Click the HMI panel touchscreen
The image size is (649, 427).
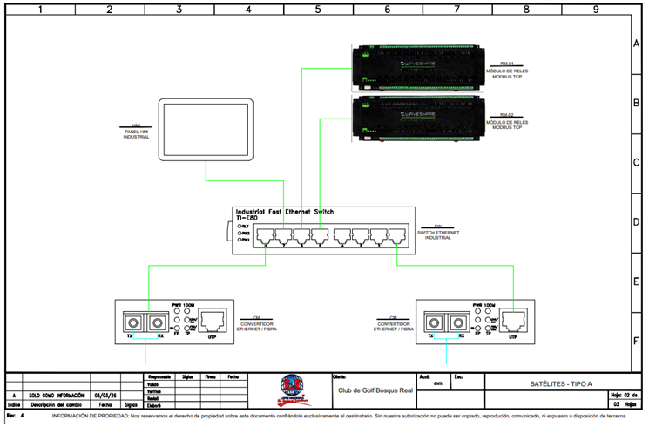click(x=206, y=130)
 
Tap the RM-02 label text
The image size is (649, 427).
click(x=507, y=115)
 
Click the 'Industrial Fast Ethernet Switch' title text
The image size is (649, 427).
click(x=284, y=212)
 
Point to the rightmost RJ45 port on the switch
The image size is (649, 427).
click(x=397, y=236)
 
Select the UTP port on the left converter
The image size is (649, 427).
click(x=212, y=322)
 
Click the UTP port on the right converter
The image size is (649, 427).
click(x=514, y=322)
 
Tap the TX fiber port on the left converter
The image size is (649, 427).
click(x=133, y=322)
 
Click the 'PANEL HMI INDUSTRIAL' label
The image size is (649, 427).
click(x=137, y=134)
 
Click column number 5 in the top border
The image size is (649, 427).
click(x=317, y=10)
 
